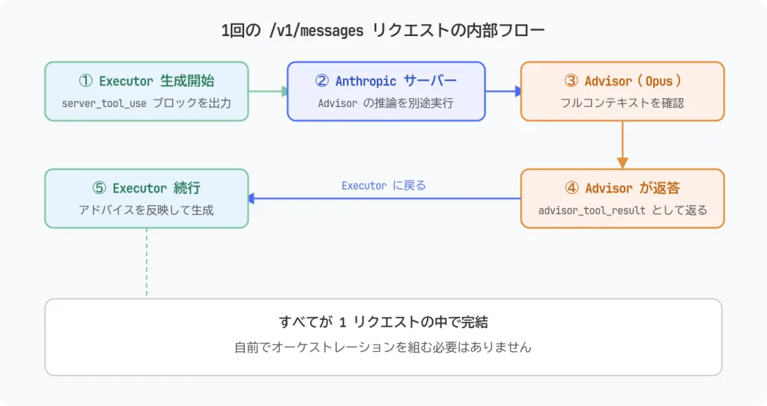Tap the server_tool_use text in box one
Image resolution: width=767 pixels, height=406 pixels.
tap(104, 103)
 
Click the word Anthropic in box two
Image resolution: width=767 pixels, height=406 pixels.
tap(366, 81)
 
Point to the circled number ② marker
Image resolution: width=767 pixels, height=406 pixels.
tap(323, 81)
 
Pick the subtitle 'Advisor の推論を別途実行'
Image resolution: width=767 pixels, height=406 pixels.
tap(386, 103)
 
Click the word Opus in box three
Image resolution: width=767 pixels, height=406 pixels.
tap(659, 81)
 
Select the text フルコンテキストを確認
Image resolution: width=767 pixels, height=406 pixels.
tap(622, 103)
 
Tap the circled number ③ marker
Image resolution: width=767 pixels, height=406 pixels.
tap(571, 81)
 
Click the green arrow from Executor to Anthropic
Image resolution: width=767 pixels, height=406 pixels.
tap(267, 91)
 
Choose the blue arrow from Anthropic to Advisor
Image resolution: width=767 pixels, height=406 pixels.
tap(503, 91)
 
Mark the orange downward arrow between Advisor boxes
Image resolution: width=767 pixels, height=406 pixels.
tap(622, 145)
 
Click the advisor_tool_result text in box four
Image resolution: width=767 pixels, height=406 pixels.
tap(592, 210)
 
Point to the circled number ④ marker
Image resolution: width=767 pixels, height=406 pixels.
tap(571, 188)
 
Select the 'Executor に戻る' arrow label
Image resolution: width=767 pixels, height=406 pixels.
tap(383, 185)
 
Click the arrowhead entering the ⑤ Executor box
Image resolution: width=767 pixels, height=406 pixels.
tap(253, 199)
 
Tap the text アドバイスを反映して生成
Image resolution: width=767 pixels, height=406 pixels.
tap(146, 210)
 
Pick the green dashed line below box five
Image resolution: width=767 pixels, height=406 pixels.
tap(147, 262)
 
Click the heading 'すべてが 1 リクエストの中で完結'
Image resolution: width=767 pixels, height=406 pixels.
tap(383, 322)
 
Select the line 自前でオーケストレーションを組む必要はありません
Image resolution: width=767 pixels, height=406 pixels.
tap(383, 348)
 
